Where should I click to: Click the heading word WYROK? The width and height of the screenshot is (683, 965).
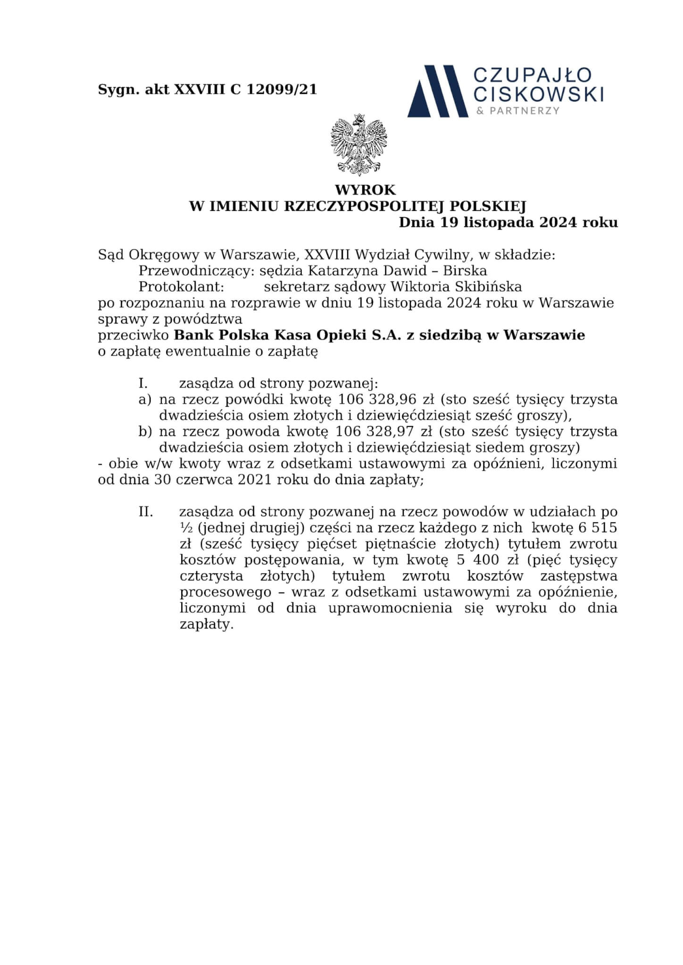(x=365, y=190)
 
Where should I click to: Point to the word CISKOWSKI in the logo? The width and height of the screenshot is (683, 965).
(x=538, y=95)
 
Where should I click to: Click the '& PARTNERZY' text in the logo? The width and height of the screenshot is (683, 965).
(x=518, y=111)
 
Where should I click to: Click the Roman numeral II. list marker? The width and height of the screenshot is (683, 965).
(x=146, y=512)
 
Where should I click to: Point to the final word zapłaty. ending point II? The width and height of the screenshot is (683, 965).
(x=207, y=624)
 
